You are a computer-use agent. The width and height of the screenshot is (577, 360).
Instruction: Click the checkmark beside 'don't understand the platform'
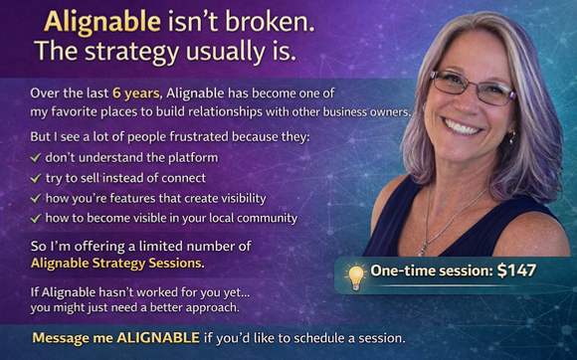(x=36, y=157)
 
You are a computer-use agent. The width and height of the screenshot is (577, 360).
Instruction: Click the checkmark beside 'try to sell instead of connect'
(x=36, y=177)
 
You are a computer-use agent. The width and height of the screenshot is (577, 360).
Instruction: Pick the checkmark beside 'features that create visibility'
(x=36, y=198)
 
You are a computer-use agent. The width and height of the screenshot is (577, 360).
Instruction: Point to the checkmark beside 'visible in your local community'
(x=36, y=218)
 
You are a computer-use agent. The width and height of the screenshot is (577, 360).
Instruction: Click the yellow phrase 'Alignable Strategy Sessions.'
(x=117, y=264)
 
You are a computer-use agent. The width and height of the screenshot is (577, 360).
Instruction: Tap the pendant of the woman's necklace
(x=425, y=243)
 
